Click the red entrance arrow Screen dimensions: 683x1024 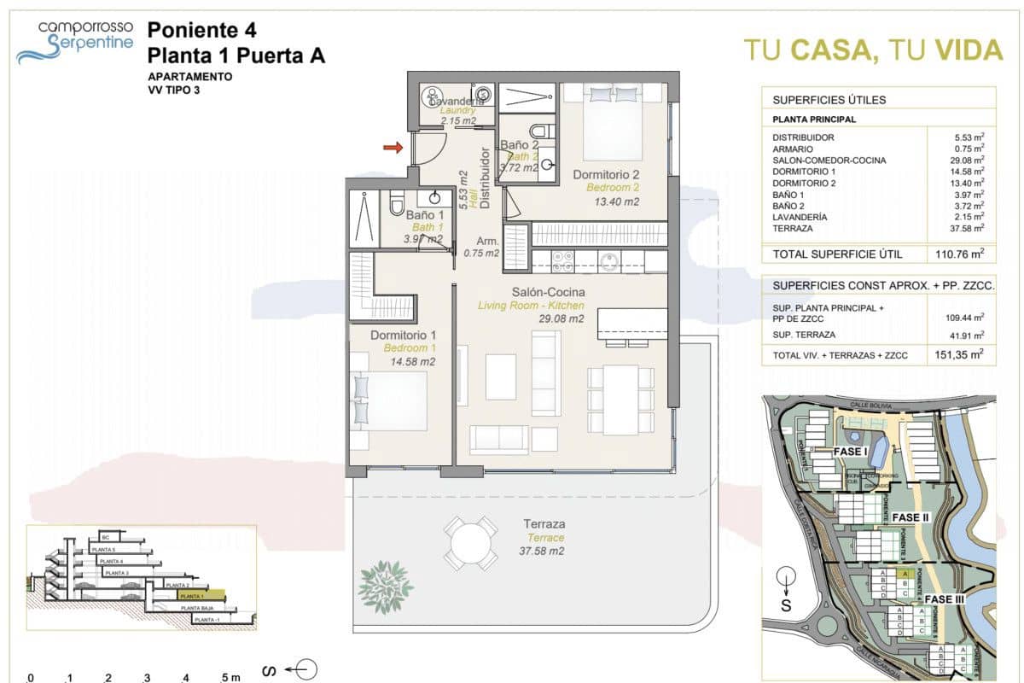pos(393,149)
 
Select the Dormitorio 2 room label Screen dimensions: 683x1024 pos(606,175)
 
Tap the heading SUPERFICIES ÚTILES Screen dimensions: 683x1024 pos(817,100)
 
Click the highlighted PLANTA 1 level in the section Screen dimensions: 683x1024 pos(199,595)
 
